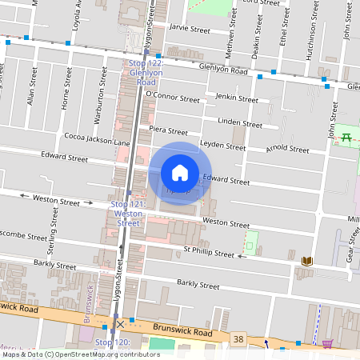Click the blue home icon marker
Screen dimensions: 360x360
[x=180, y=173]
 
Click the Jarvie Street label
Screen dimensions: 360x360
[x=190, y=29]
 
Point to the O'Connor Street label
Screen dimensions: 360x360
[x=172, y=97]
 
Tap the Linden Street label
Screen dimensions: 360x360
[x=240, y=125]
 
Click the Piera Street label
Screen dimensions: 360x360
[x=168, y=130]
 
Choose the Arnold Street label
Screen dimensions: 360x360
[x=288, y=149]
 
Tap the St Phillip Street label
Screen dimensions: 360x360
[x=207, y=254]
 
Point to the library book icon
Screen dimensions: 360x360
[x=307, y=261]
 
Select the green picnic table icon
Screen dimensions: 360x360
[x=346, y=137]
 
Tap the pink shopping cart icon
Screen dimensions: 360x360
[x=328, y=345]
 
